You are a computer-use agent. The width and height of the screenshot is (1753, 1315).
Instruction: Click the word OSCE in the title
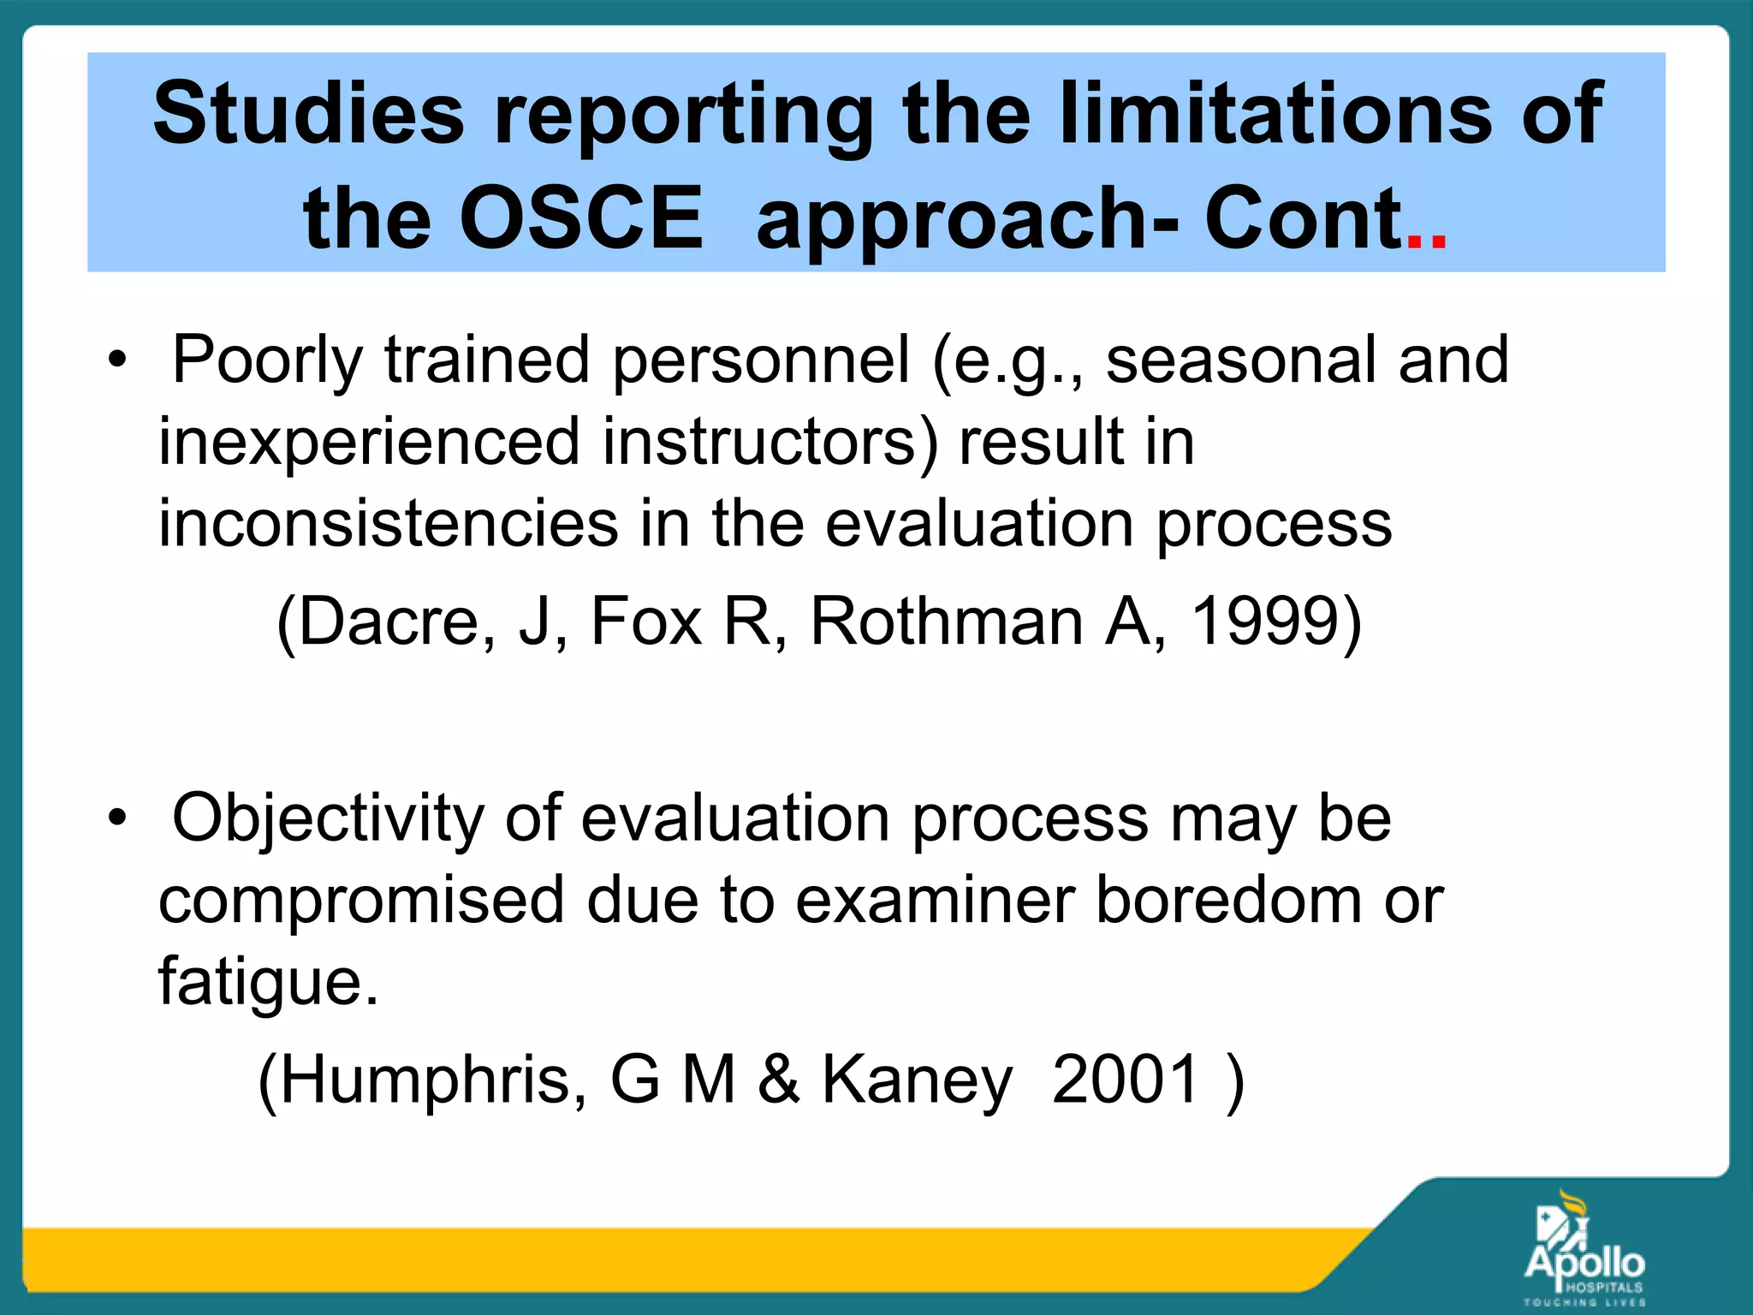pos(580,218)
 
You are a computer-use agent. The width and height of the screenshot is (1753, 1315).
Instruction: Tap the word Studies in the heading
pos(308,113)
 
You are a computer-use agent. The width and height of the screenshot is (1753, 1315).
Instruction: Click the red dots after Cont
pos(1426,242)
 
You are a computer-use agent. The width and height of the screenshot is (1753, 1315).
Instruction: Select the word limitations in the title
pos(1273,113)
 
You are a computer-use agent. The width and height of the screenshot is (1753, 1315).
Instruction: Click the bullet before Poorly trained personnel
pos(117,360)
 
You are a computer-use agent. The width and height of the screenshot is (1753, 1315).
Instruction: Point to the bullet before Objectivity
pos(117,818)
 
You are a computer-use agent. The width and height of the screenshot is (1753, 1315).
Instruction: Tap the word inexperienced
pos(369,442)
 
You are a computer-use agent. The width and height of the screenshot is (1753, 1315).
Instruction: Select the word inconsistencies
pos(388,523)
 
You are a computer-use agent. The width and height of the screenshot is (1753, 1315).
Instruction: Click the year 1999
pos(1264,621)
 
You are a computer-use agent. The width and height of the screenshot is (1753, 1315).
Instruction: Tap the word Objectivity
pos(328,818)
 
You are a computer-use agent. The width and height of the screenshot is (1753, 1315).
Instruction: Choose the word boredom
pos(1228,900)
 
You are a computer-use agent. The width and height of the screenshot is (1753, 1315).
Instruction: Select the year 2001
pos(1125,1079)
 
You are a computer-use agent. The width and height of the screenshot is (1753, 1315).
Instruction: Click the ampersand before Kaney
pos(778,1079)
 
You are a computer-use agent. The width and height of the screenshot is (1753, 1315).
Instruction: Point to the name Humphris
pos(433,1079)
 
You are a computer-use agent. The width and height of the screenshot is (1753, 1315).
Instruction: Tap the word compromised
pos(360,900)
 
